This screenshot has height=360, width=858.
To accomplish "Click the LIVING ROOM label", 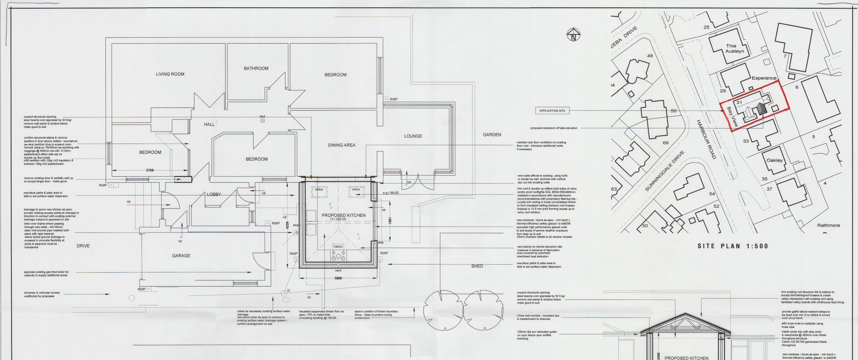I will (170, 74).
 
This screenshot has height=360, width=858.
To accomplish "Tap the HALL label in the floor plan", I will (209, 125).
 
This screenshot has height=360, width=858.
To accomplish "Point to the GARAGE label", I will (181, 256).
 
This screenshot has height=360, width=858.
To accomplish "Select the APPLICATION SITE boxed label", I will (552, 111).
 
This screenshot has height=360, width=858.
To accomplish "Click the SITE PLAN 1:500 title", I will (733, 246).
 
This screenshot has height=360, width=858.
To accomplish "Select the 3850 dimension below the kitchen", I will (338, 278).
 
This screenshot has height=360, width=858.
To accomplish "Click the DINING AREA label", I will (341, 145).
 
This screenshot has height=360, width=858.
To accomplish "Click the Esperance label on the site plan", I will (764, 78).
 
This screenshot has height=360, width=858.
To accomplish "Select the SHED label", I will (477, 266).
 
